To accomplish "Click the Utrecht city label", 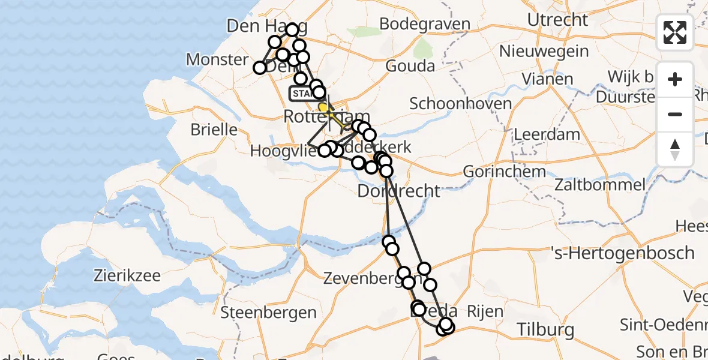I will tap(557, 20).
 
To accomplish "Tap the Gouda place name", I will tap(410, 66).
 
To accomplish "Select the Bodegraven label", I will tap(425, 25).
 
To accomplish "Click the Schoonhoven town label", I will tap(461, 103).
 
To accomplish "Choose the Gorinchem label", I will tap(505, 172).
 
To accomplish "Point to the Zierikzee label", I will tap(127, 275).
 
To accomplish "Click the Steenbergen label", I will tap(268, 312).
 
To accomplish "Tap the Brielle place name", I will tap(214, 129).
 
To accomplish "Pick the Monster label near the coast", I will tap(217, 59).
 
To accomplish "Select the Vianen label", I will tap(547, 79).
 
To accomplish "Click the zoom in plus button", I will tap(675, 80).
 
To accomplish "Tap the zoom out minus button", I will tap(675, 114).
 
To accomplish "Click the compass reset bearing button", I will tap(675, 149).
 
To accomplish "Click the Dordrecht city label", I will tap(398, 191).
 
